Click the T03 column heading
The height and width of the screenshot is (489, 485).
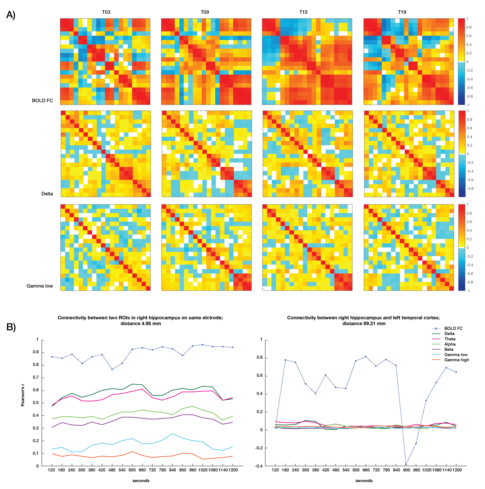click(106, 12)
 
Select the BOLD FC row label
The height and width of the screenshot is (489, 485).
click(42, 100)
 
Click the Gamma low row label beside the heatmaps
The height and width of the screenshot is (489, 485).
click(40, 286)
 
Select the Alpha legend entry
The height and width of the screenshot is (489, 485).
click(450, 344)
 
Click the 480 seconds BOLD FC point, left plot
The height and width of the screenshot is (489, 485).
click(112, 369)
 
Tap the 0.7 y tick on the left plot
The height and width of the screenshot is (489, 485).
click(36, 377)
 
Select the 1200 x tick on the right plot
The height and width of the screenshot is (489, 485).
click(457, 470)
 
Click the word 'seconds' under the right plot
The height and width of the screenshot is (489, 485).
click(364, 481)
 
